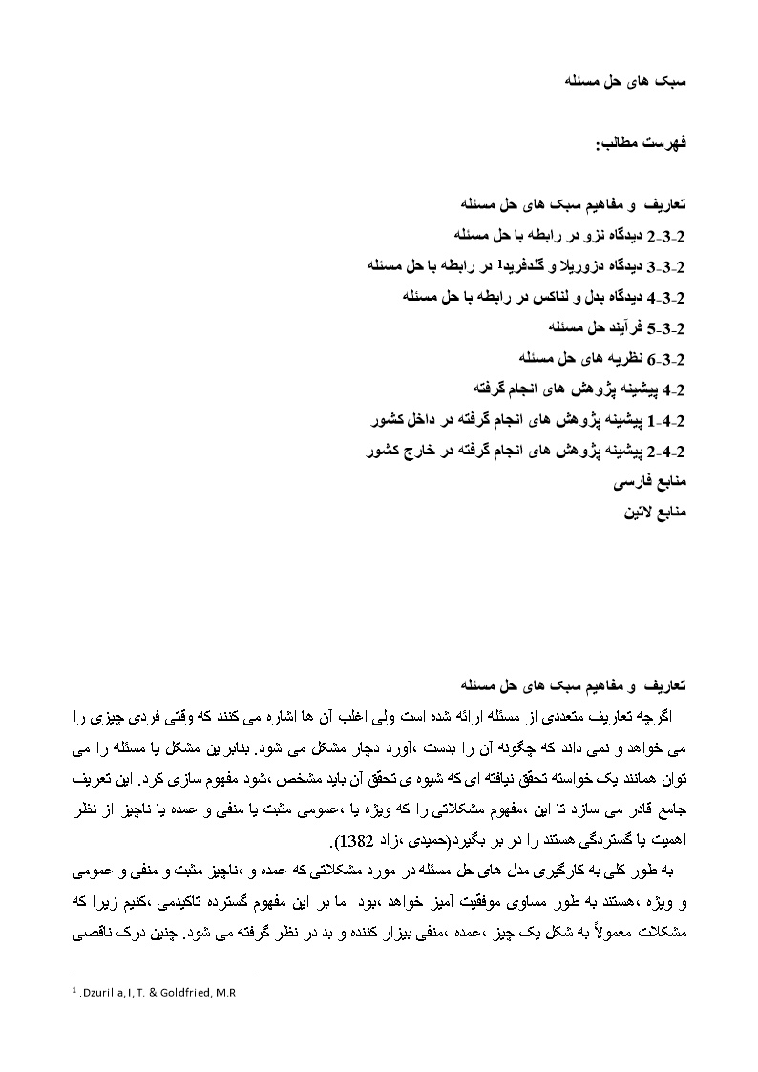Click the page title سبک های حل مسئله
[x=635, y=82]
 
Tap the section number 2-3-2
[x=667, y=234]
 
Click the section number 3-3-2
[x=667, y=265]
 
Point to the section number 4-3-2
[x=667, y=296]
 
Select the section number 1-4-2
[x=667, y=420]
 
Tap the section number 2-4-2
[x=667, y=452]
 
